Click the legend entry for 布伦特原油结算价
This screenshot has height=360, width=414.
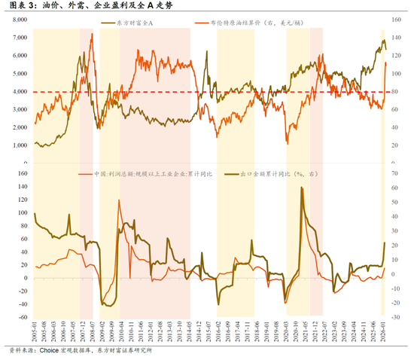coord(249,23)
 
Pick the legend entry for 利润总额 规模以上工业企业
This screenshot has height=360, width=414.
coord(151,175)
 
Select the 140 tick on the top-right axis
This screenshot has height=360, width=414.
coord(395,18)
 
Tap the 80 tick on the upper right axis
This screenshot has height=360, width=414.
coord(394,91)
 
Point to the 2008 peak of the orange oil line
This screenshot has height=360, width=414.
coord(92,34)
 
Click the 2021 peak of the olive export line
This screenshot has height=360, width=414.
coord(302,188)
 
